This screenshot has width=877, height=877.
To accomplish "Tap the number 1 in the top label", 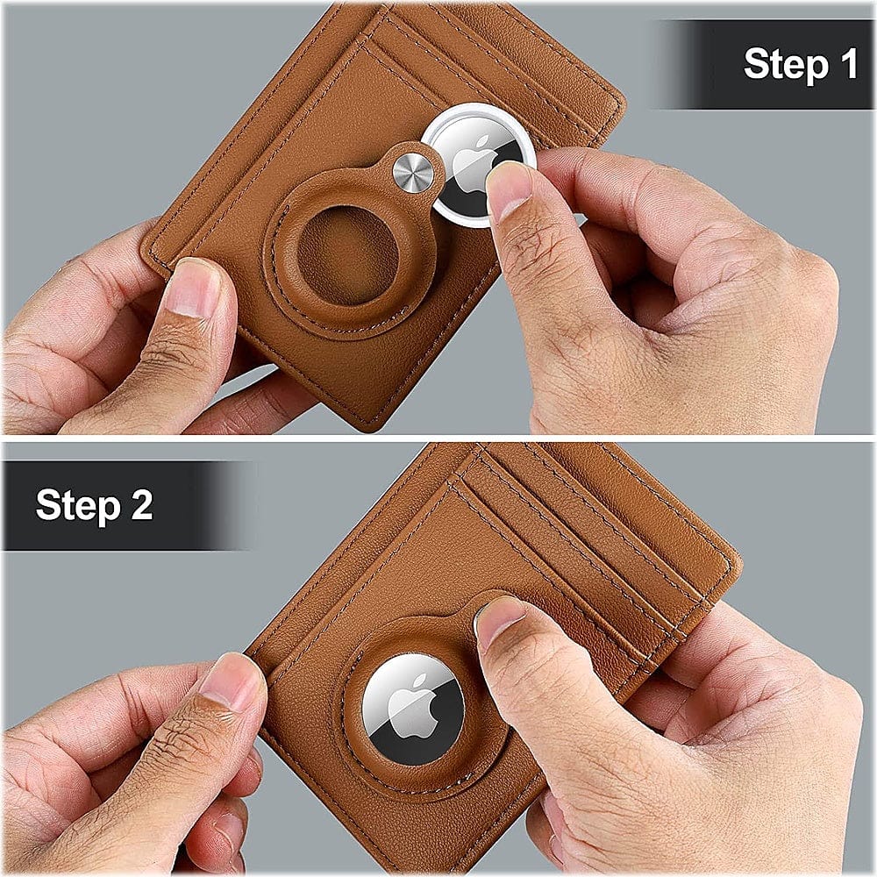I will pos(848,65).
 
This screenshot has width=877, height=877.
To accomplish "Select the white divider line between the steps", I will pos(438,438).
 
